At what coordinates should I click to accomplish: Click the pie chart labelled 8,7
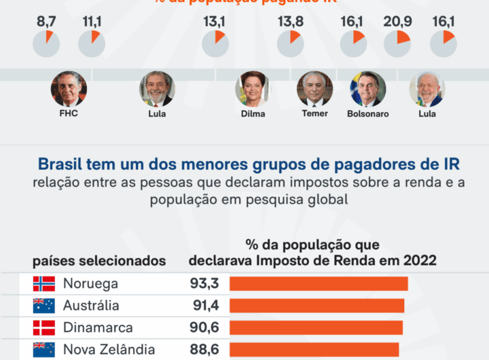46,43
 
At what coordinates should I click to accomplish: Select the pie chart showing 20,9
397,43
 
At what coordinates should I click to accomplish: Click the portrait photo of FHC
68,88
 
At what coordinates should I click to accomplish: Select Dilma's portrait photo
253,88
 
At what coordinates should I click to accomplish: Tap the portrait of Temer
314,88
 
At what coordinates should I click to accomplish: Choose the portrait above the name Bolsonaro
367,88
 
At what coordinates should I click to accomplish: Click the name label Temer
314,113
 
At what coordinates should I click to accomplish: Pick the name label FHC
68,113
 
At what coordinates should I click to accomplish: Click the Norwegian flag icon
43,283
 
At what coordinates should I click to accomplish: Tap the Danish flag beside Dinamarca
43,327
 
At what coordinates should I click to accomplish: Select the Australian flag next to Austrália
43,306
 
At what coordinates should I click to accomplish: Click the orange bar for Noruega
319,283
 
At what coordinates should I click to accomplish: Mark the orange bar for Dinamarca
316,327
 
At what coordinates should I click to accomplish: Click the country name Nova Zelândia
109,350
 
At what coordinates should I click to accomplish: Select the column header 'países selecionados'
99,260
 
